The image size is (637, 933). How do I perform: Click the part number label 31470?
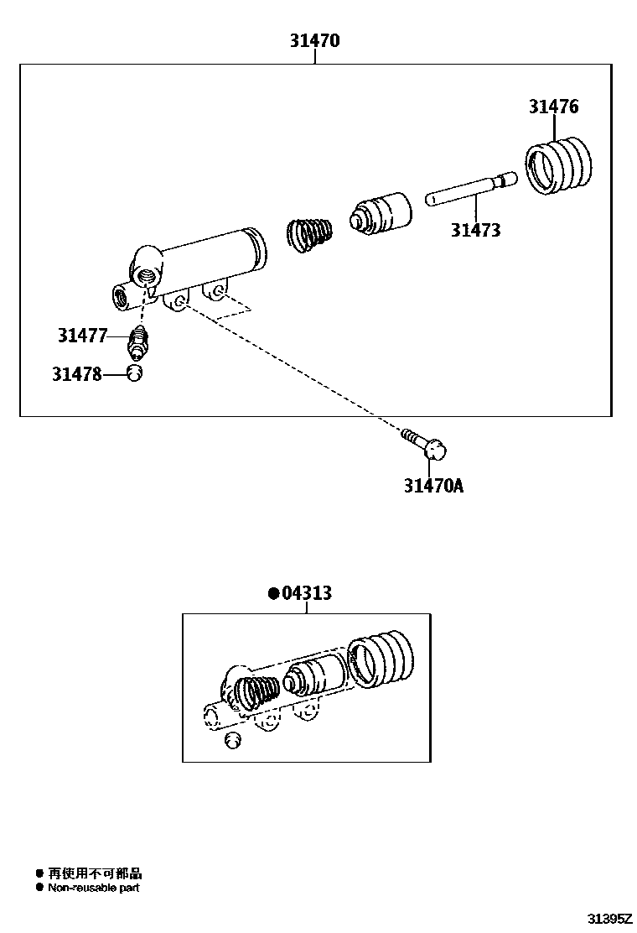pyautogui.click(x=314, y=40)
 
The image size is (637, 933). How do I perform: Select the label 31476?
pyautogui.click(x=553, y=107)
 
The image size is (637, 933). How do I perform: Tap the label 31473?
pyautogui.click(x=475, y=230)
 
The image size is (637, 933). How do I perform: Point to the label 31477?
pyautogui.click(x=83, y=336)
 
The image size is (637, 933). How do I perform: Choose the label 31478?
pyautogui.click(x=76, y=374)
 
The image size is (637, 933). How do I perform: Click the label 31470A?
pyautogui.click(x=432, y=486)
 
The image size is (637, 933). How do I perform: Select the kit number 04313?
pyautogui.click(x=307, y=593)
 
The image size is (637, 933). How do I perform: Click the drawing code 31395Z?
pyautogui.click(x=608, y=918)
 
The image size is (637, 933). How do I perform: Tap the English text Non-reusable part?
pyautogui.click(x=94, y=888)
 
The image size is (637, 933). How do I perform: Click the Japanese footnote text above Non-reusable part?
pyautogui.click(x=95, y=873)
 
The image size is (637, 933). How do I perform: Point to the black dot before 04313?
pyautogui.click(x=273, y=593)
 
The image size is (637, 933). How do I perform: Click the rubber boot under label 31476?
pyautogui.click(x=558, y=166)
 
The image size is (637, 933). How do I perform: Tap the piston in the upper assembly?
pyautogui.click(x=381, y=213)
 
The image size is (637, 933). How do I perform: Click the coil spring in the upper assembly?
pyautogui.click(x=309, y=233)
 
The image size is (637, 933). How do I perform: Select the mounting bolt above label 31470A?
pyautogui.click(x=425, y=444)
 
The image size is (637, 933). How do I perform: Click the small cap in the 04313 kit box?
pyautogui.click(x=234, y=739)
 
